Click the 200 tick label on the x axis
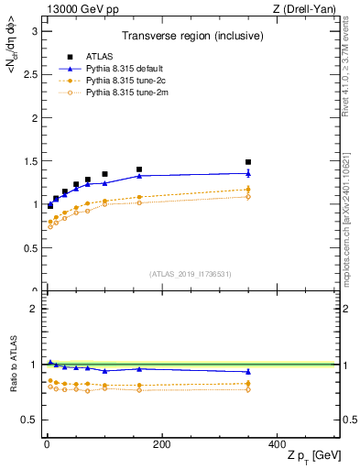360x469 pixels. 161,445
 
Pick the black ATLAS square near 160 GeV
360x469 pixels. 138,169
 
